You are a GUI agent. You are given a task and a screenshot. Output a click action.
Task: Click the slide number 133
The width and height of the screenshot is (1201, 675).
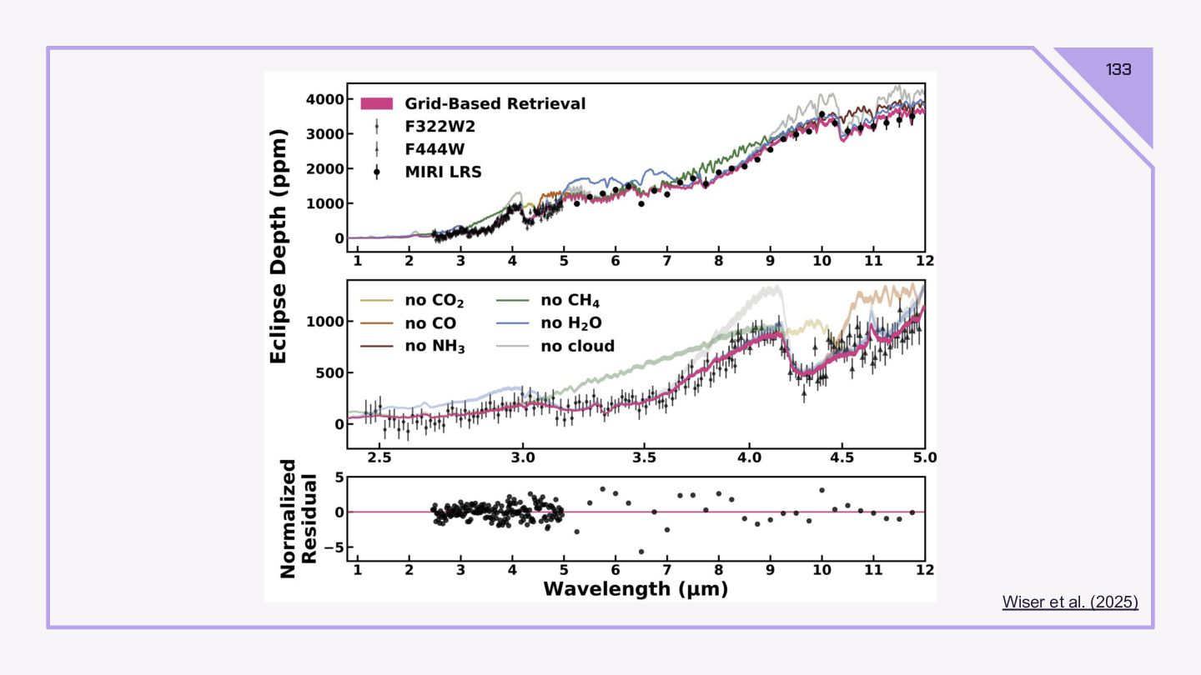pyautogui.click(x=1118, y=69)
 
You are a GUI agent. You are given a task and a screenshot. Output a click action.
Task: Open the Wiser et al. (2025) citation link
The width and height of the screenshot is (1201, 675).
pyautogui.click(x=1069, y=602)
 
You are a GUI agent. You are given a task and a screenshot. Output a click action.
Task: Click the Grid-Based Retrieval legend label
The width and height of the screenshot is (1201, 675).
pyautogui.click(x=495, y=103)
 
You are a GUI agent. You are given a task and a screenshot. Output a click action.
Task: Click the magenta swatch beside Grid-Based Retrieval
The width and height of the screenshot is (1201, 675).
pyautogui.click(x=377, y=103)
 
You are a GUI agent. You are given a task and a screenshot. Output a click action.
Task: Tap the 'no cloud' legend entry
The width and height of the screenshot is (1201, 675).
pyautogui.click(x=577, y=346)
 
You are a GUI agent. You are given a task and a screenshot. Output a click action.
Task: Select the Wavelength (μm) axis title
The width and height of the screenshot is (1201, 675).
pyautogui.click(x=636, y=589)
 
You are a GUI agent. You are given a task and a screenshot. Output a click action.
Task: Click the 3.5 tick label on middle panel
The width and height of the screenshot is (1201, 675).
pyautogui.click(x=644, y=457)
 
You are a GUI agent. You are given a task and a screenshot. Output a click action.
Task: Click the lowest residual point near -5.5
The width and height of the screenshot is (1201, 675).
pyautogui.click(x=641, y=552)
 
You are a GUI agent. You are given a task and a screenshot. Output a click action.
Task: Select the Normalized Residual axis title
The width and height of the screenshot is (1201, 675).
pyautogui.click(x=298, y=518)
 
